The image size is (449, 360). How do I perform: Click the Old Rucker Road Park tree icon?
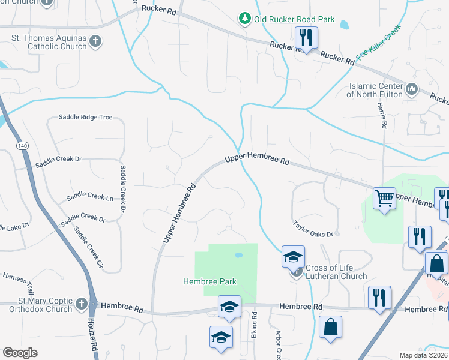(245, 19)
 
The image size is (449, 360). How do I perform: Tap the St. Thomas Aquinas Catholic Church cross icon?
(95, 42)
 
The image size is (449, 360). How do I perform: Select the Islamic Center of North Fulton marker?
(412, 90)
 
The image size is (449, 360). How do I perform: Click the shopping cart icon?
(384, 197)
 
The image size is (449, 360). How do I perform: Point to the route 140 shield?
(23, 146)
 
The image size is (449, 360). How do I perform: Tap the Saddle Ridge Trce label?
(85, 117)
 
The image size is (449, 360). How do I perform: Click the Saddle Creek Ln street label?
(90, 196)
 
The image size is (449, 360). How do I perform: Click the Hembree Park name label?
(210, 281)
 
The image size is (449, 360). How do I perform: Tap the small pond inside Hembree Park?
(238, 255)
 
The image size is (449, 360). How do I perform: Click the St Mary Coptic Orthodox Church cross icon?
(93, 304)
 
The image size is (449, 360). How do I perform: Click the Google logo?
(20, 353)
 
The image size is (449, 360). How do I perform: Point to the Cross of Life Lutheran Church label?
(336, 272)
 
